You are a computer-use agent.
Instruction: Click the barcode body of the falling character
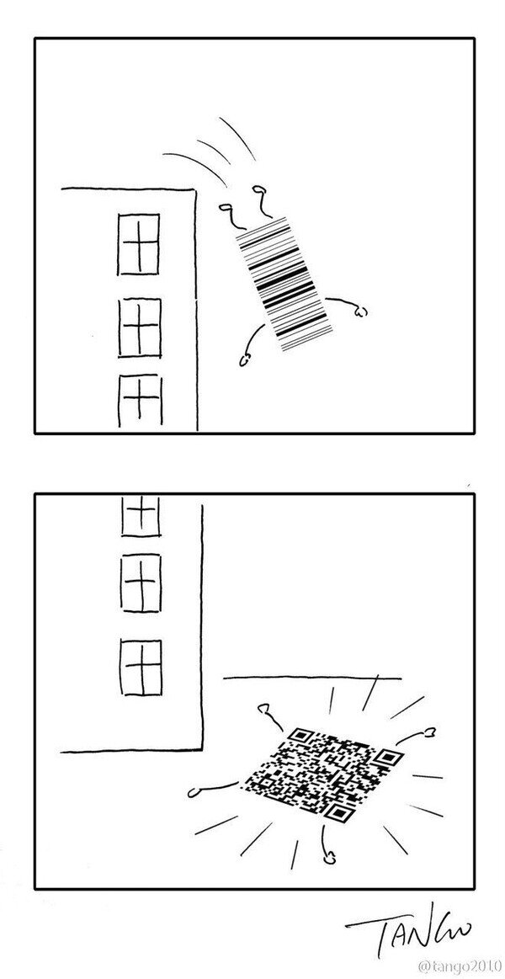pos(279,283)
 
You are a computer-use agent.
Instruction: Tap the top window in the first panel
pos(138,244)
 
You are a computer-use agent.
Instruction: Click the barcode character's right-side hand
pos(361,312)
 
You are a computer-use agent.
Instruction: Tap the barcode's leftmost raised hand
pos(225,205)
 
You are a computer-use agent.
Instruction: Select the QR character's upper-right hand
pos(430,732)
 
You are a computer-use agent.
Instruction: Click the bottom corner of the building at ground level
pos(202,748)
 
